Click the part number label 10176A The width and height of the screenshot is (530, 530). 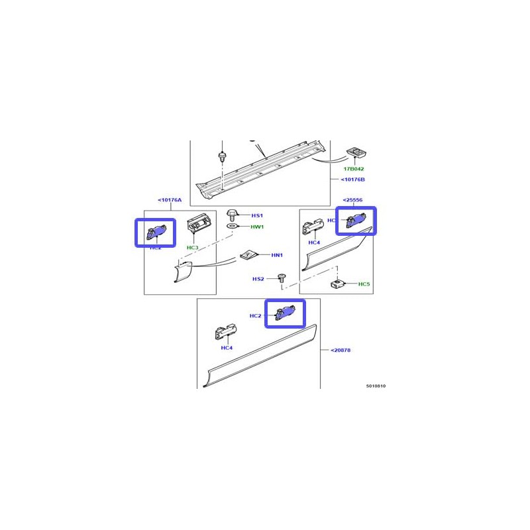point(170,200)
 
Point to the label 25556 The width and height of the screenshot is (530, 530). point(352,200)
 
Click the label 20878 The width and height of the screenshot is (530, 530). point(339,350)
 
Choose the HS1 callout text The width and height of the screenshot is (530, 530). point(257,216)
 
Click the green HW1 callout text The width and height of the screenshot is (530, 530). point(257,227)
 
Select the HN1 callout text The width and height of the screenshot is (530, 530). point(277,255)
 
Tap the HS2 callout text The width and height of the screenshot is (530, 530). point(258,279)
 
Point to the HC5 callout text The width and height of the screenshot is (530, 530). point(364,284)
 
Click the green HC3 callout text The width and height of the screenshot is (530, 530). point(192,248)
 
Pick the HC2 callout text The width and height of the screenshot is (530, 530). point(256,316)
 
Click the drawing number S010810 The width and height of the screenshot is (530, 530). point(376,385)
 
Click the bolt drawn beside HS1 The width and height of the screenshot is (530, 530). point(233,215)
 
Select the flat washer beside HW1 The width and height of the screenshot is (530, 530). point(233,227)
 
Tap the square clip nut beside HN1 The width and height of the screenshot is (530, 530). point(246,254)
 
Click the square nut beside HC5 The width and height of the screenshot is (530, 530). point(336,284)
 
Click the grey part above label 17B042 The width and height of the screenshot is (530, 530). point(358,152)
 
